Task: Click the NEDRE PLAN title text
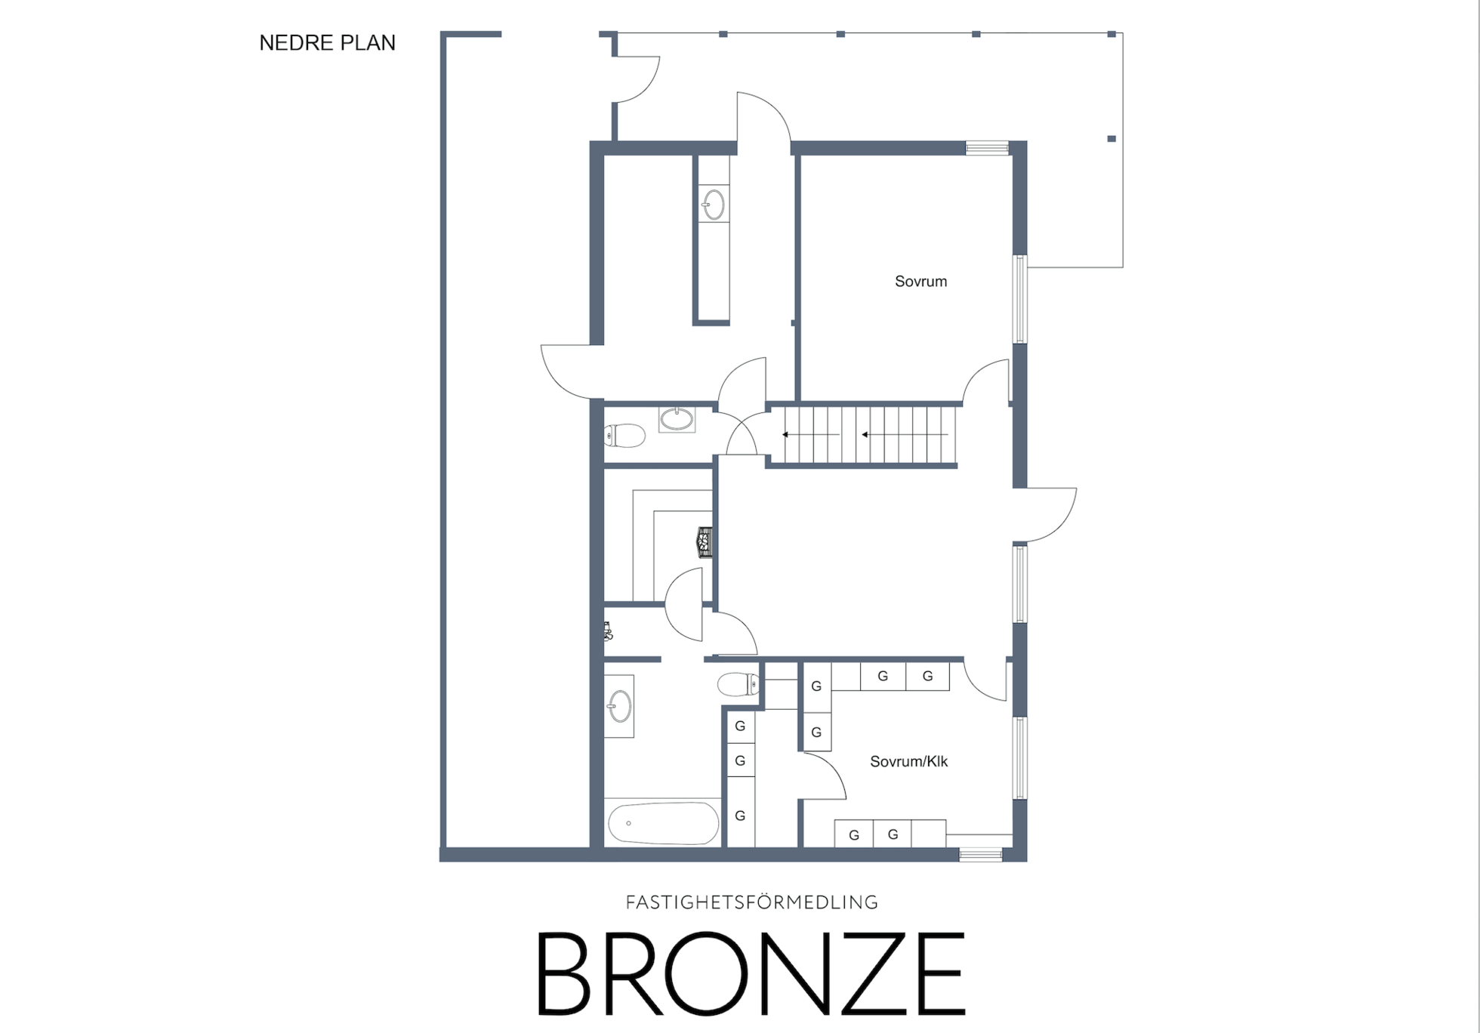pyautogui.click(x=327, y=43)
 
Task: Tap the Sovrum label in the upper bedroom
pyautogui.click(x=920, y=282)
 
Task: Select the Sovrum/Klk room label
pyautogui.click(x=908, y=762)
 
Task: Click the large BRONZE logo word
pyautogui.click(x=751, y=973)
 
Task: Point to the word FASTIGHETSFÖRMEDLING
pyautogui.click(x=752, y=902)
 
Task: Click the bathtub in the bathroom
pyautogui.click(x=664, y=822)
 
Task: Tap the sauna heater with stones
pyautogui.click(x=705, y=542)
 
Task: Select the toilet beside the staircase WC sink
pyautogui.click(x=624, y=436)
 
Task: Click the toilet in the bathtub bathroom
pyautogui.click(x=738, y=684)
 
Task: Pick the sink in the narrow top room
pyautogui.click(x=714, y=204)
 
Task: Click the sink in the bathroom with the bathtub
pyautogui.click(x=620, y=706)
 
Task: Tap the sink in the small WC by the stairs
pyautogui.click(x=677, y=418)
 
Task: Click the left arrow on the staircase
pyautogui.click(x=811, y=435)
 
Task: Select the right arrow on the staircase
pyautogui.click(x=905, y=435)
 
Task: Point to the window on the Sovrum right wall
pyautogui.click(x=1019, y=299)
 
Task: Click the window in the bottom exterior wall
pyautogui.click(x=980, y=855)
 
